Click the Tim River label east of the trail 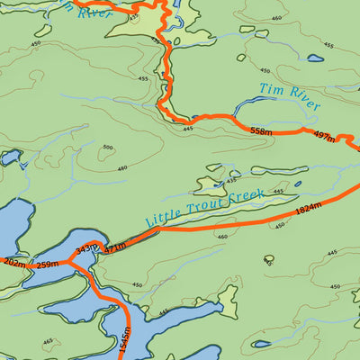coord(289,97)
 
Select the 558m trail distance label coord(260,131)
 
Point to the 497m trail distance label coord(323,137)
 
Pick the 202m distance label coord(13,263)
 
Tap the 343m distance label coord(86,248)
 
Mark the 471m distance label coord(115,244)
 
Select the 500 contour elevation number coord(108,148)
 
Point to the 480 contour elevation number coord(122,167)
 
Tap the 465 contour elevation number coord(47,341)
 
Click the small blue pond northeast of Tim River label coord(315,58)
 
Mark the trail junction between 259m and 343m coord(69,264)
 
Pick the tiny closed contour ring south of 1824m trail coord(268,260)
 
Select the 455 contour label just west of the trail coord(143,78)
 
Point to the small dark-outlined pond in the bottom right coord(355,295)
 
